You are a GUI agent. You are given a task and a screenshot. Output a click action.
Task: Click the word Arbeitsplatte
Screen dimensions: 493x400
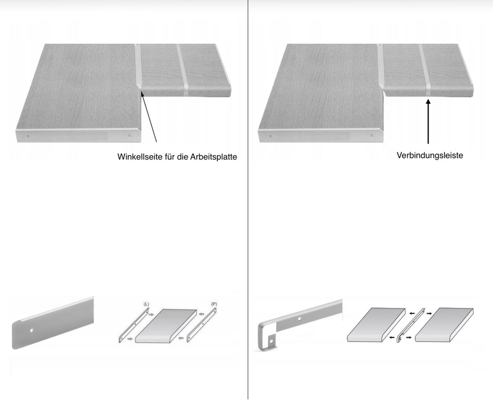click(214, 157)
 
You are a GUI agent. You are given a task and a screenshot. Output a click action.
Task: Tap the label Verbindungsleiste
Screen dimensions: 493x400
click(430, 155)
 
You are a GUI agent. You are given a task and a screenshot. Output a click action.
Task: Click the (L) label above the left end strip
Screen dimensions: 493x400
click(146, 304)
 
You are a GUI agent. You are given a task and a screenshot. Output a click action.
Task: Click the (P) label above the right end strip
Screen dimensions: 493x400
click(214, 304)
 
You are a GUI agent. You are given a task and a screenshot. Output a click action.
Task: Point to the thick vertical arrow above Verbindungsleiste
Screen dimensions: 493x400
click(428, 122)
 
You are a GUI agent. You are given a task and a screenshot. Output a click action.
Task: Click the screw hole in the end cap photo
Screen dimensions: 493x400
click(32, 330)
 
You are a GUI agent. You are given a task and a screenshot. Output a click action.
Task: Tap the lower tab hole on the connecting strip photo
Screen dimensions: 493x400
click(271, 341)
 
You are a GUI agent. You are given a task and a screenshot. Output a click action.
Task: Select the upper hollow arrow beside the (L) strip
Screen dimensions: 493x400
click(151, 314)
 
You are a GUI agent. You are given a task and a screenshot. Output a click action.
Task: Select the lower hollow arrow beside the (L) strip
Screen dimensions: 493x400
click(130, 339)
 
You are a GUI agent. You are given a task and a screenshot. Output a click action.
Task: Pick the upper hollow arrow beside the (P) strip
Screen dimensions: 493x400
click(202, 314)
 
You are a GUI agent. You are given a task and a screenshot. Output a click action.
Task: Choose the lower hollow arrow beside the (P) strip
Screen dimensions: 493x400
click(181, 339)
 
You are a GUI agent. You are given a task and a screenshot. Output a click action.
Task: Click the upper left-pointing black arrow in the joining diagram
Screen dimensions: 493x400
click(412, 313)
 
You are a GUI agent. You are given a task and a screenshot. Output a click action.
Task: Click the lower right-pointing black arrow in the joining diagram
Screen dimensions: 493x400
click(409, 338)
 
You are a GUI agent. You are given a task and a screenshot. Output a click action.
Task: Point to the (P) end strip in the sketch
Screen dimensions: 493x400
click(202, 325)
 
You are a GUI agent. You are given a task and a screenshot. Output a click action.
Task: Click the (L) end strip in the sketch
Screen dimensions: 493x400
click(133, 326)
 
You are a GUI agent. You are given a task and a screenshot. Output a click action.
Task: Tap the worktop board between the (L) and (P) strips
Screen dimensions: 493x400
click(166, 326)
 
